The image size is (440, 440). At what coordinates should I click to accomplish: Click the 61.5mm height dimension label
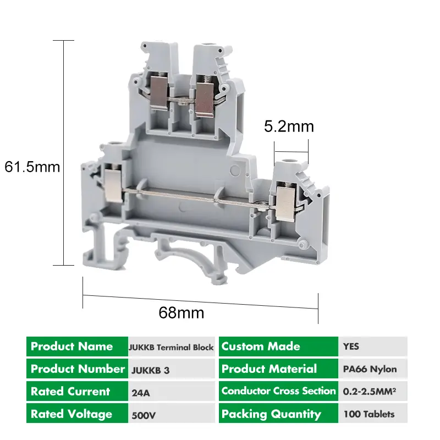click(x=32, y=167)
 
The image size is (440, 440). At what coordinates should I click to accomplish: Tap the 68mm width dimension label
click(x=182, y=313)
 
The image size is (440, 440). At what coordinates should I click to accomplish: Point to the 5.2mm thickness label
click(x=289, y=127)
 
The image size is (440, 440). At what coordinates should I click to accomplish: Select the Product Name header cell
click(x=77, y=346)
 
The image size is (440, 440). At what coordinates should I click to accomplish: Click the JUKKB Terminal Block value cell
click(x=171, y=347)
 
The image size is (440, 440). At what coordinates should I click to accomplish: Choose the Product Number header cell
click(x=77, y=369)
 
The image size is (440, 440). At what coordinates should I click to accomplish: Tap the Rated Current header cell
click(x=77, y=392)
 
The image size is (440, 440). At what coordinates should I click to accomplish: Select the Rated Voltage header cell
click(x=77, y=414)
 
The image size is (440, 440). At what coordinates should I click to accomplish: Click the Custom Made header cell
click(x=278, y=346)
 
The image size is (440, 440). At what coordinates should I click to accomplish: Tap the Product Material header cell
click(x=278, y=369)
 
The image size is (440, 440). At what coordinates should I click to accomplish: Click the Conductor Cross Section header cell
click(x=278, y=391)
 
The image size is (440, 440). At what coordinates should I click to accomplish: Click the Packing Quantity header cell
click(x=278, y=414)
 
